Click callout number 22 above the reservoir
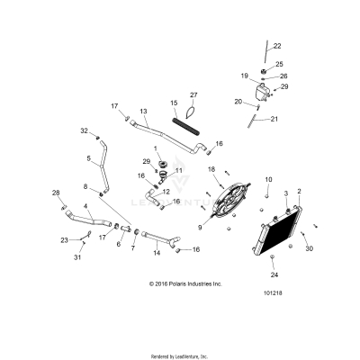(x=276, y=46)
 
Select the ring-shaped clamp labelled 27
(x=191, y=112)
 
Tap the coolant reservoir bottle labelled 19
(x=263, y=92)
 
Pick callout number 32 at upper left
(x=84, y=131)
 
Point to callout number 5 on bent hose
(x=89, y=158)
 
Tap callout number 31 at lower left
(x=76, y=258)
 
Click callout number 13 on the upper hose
(x=143, y=112)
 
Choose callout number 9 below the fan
(x=200, y=227)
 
